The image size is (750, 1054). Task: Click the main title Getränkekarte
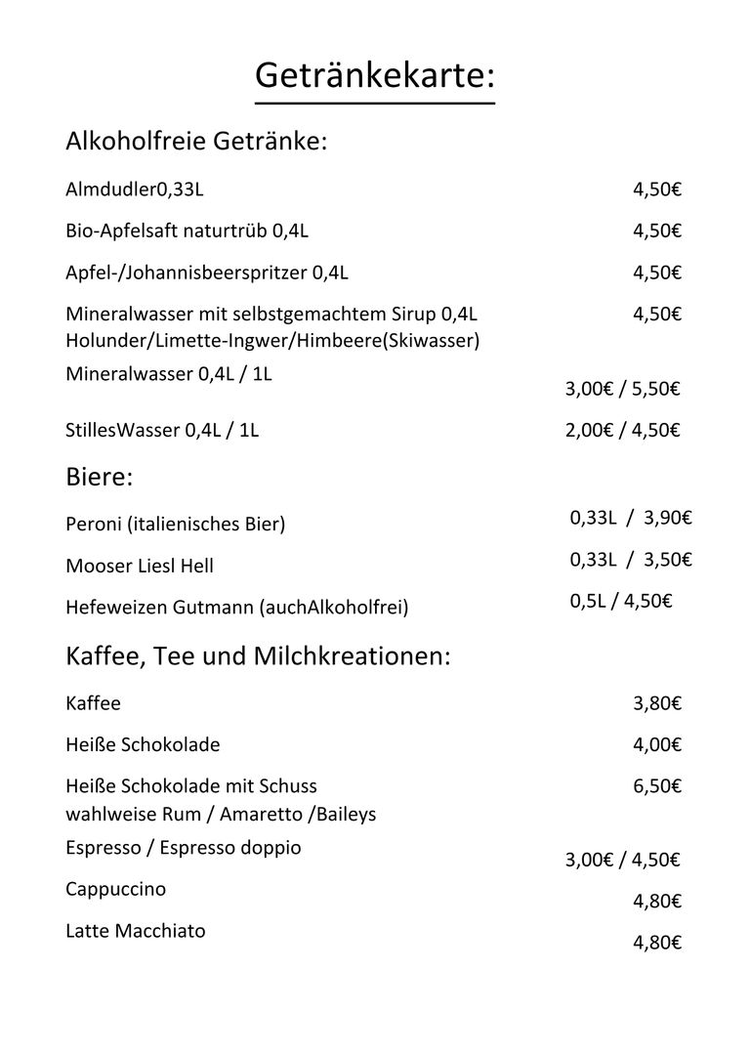375,74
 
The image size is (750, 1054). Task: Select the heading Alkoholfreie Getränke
195,142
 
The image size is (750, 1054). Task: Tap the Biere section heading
99,478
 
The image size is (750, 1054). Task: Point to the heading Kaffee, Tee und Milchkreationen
258,656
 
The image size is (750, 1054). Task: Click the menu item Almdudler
134,190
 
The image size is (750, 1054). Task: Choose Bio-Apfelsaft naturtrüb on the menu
187,232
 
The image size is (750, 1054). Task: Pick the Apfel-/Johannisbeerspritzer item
207,273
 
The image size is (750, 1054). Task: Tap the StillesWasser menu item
162,430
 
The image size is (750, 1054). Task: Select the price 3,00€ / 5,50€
622,389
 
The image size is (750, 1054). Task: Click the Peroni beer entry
175,525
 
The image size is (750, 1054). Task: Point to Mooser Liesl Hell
140,566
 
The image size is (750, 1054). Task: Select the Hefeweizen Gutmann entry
236,608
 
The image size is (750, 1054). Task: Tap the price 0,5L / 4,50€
621,601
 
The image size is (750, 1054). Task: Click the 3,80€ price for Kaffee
656,703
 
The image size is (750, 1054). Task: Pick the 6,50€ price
656,786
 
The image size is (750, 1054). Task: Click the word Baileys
345,814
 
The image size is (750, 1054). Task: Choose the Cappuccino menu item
115,889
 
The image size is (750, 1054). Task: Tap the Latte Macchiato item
135,931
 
